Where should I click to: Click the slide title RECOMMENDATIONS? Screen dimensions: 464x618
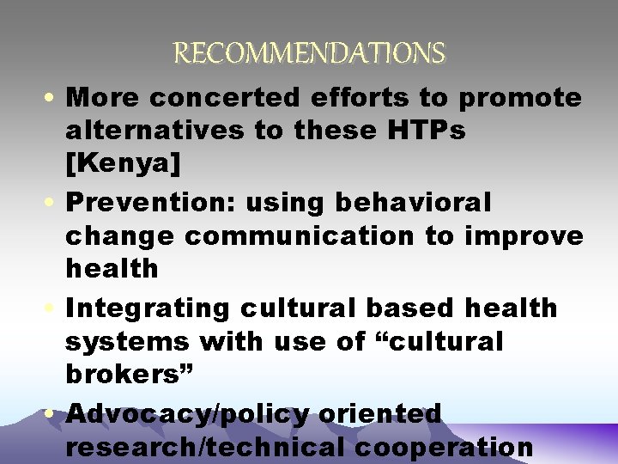pyautogui.click(x=310, y=54)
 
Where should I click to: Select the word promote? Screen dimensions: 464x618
pyautogui.click(x=520, y=98)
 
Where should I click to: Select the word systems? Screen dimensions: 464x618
pyautogui.click(x=126, y=341)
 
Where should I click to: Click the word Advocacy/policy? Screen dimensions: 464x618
pyautogui.click(x=187, y=413)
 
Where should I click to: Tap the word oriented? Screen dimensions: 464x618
pyautogui.click(x=379, y=413)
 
